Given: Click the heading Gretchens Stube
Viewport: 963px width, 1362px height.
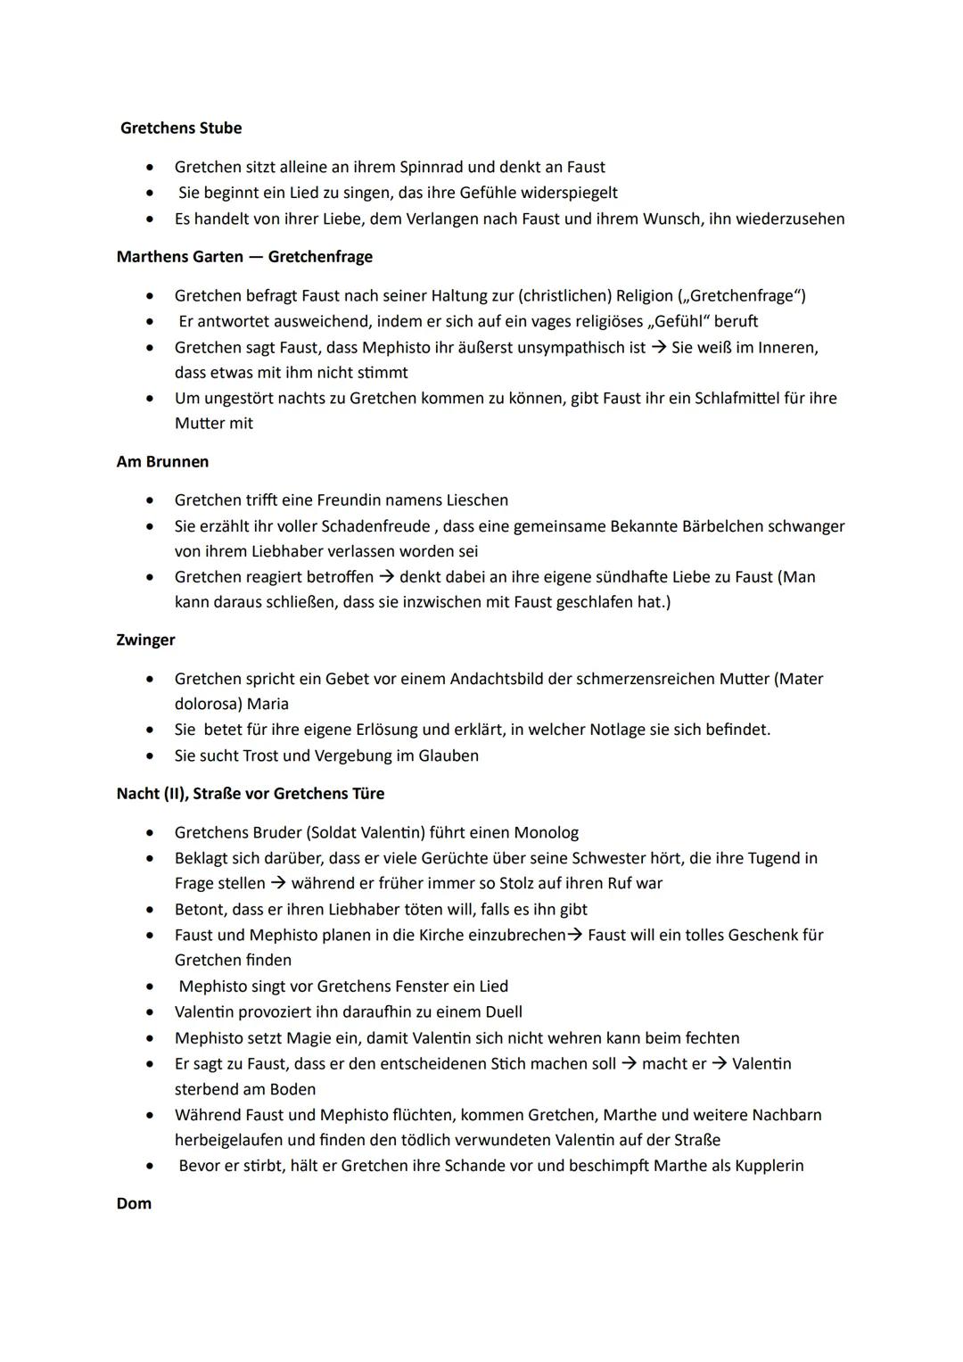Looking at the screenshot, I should click(181, 128).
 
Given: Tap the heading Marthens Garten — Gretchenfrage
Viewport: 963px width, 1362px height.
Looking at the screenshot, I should click(244, 257).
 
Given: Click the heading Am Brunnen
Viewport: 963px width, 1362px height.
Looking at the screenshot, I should click(162, 462).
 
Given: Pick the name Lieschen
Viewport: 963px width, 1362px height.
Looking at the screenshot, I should click(475, 500).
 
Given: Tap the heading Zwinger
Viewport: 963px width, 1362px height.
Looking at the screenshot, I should click(145, 640).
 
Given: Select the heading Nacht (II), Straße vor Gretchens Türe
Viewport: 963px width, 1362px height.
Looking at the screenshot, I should click(251, 794).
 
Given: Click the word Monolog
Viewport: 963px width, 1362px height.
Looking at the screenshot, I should click(546, 833).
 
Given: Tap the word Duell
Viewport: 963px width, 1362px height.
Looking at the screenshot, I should click(503, 1012).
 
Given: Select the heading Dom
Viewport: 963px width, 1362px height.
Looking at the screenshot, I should click(134, 1204).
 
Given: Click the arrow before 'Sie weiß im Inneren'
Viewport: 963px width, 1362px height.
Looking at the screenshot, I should click(657, 348).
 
